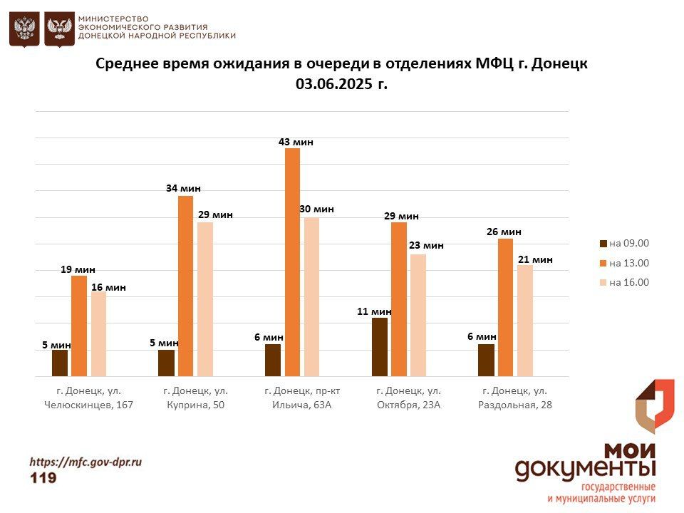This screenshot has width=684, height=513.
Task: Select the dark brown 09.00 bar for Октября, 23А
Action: click(x=380, y=347)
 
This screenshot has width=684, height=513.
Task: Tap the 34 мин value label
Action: click(x=184, y=188)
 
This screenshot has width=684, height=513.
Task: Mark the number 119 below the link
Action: click(x=43, y=478)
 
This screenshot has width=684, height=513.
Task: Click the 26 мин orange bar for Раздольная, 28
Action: click(x=505, y=307)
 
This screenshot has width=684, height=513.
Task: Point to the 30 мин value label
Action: click(x=317, y=209)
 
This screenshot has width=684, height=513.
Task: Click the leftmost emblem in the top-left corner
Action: click(x=24, y=28)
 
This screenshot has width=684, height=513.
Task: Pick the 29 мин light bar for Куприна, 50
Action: click(x=205, y=299)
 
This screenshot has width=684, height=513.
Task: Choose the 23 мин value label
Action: click(x=426, y=245)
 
